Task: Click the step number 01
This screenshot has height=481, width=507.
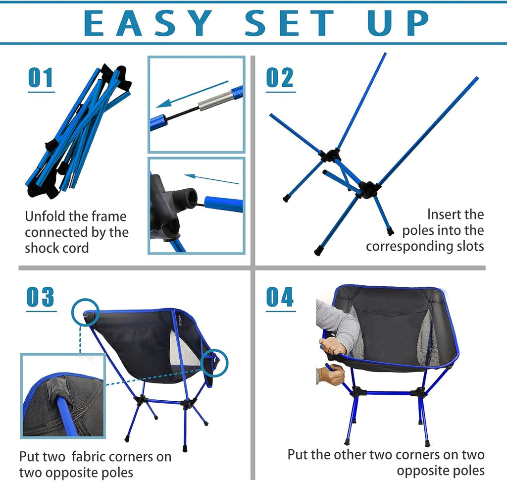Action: click(40, 78)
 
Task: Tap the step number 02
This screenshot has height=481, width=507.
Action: click(280, 78)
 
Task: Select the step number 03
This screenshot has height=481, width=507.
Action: click(40, 297)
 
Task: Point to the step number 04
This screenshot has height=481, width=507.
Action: click(280, 297)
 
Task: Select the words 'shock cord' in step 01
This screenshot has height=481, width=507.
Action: click(56, 248)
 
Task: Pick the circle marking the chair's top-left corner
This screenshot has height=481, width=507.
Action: click(85, 312)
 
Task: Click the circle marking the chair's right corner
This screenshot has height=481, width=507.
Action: click(215, 363)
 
